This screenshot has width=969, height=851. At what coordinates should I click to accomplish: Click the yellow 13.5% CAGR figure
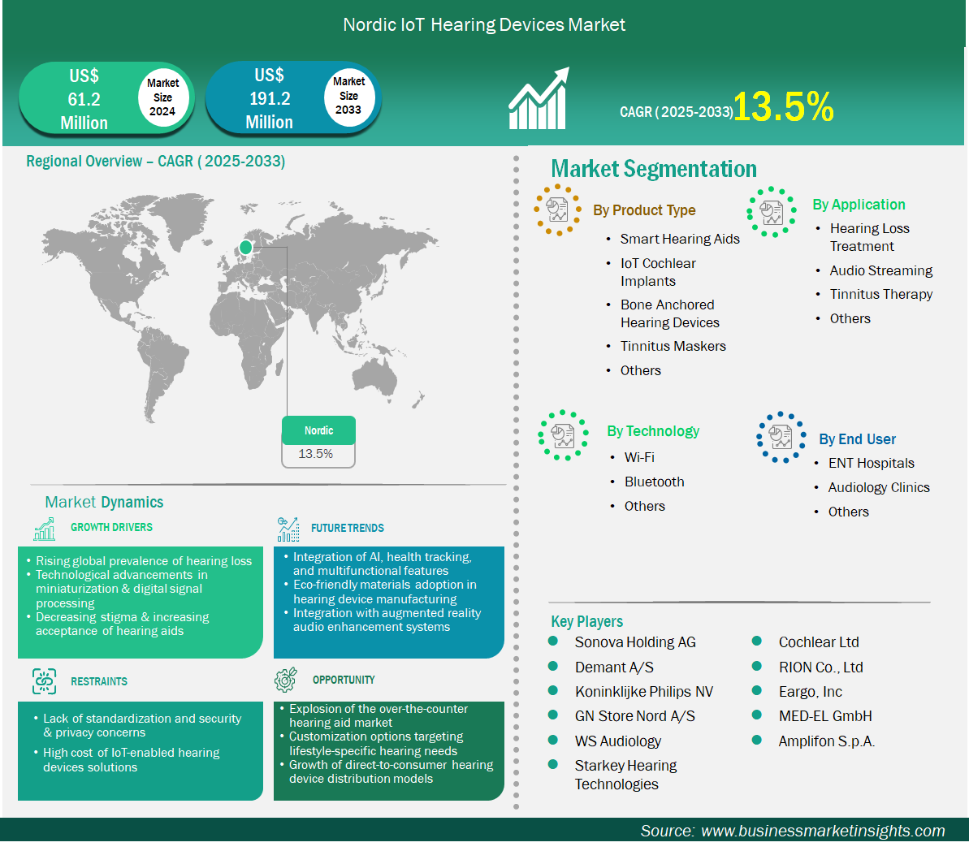784,107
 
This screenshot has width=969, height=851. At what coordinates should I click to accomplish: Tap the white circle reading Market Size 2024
162,97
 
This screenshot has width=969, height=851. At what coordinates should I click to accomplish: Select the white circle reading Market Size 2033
348,96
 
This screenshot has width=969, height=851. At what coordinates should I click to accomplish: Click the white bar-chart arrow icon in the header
539,99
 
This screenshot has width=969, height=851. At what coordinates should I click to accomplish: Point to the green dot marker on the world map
245,247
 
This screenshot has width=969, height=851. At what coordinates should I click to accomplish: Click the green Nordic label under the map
318,430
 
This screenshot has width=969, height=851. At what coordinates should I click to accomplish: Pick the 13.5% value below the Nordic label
316,454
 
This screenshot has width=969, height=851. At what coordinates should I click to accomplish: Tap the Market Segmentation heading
654,169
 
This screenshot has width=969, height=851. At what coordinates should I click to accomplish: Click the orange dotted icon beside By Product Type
557,210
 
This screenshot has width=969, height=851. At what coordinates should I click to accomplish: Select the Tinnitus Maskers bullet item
673,346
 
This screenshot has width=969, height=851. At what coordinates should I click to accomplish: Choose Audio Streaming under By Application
880,270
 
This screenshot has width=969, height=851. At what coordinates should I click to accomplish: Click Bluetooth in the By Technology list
655,482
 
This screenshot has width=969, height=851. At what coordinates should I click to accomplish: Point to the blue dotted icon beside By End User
781,437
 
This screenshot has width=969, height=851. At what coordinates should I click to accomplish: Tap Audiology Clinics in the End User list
879,487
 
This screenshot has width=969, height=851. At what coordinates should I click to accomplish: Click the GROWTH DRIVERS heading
111,527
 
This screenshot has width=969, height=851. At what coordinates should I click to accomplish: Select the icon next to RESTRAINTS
45,681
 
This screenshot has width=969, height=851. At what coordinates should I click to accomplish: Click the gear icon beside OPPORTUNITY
286,680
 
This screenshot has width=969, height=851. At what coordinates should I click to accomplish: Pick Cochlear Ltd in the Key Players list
819,642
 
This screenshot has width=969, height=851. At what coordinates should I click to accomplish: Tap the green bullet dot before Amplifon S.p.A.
756,740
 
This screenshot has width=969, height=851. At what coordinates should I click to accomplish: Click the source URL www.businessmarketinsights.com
823,831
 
